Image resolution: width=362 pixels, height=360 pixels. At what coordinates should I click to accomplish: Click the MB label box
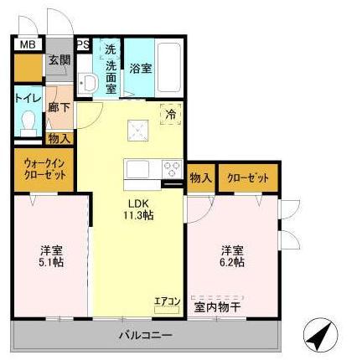(x=27, y=44)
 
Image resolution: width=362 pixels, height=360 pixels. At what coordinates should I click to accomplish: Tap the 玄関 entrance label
(x=58, y=59)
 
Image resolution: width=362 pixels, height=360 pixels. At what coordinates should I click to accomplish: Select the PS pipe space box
(x=83, y=44)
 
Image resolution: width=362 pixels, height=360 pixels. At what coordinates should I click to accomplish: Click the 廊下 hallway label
(x=58, y=106)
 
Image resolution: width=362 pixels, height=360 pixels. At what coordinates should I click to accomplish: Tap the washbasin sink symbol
(x=87, y=82)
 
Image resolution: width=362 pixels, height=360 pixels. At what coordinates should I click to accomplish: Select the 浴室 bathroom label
(x=140, y=69)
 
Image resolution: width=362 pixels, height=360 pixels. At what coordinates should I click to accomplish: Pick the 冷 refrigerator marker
(x=170, y=114)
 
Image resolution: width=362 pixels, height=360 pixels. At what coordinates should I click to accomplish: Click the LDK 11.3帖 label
(x=139, y=210)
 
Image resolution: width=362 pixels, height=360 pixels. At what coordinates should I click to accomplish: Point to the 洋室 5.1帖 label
(x=51, y=256)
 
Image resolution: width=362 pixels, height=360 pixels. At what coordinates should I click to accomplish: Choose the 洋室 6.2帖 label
(x=232, y=256)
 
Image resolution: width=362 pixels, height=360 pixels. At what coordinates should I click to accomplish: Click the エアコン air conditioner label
(x=167, y=301)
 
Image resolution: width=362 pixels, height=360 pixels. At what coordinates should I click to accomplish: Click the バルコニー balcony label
(x=144, y=335)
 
